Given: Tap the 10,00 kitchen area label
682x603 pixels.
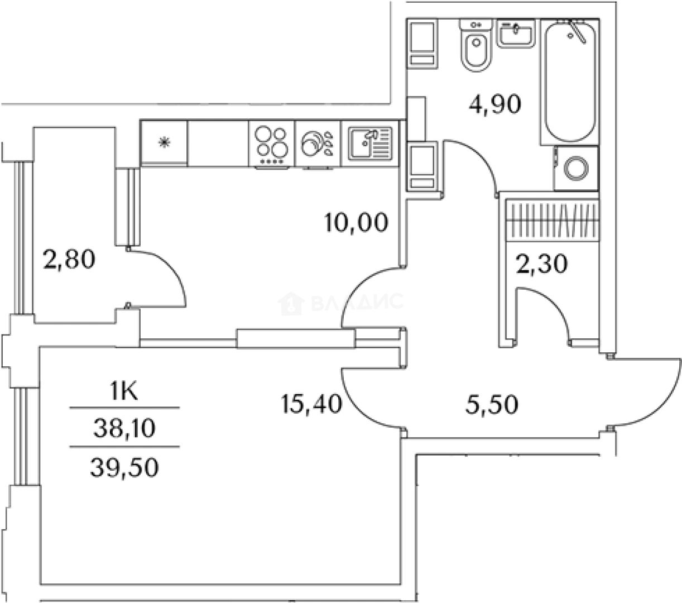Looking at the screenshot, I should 356,223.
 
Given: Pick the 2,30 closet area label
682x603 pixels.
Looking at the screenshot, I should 541,263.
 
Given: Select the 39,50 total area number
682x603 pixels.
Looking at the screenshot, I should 124,466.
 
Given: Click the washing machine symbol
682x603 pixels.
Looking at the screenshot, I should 575,168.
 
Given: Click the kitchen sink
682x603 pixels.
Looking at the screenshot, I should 371,142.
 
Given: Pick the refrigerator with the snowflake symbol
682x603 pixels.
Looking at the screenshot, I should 164,142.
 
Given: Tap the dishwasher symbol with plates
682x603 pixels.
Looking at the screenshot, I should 317,143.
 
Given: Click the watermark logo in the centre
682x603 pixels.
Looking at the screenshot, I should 340,303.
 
